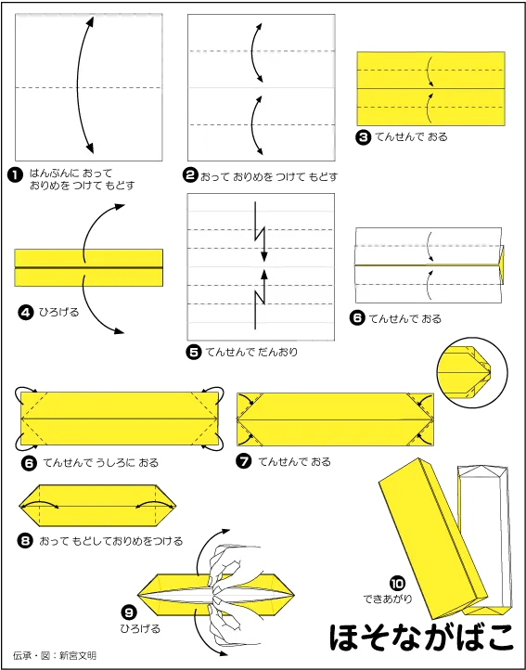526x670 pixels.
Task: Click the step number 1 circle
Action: pyautogui.click(x=15, y=175)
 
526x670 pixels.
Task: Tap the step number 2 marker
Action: pyautogui.click(x=190, y=175)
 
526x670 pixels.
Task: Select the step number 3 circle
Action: pyautogui.click(x=363, y=137)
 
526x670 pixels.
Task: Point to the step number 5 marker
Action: pyautogui.click(x=195, y=352)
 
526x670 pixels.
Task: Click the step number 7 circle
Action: pyautogui.click(x=244, y=462)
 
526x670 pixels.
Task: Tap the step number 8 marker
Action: pyautogui.click(x=26, y=541)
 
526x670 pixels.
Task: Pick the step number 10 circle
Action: pyautogui.click(x=397, y=584)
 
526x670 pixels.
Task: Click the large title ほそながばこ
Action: pyautogui.click(x=421, y=638)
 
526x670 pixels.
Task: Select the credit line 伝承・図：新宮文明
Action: pyautogui.click(x=55, y=655)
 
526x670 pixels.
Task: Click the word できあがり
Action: pyautogui.click(x=388, y=599)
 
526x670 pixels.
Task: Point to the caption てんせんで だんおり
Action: pyautogui.click(x=251, y=352)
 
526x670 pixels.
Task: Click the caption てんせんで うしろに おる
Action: pyautogui.click(x=101, y=462)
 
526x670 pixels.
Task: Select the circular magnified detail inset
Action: pyautogui.click(x=472, y=373)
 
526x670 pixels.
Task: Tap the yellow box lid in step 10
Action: pyautogui.click(x=432, y=538)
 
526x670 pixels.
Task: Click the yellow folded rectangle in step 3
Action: pyautogui.click(x=430, y=88)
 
